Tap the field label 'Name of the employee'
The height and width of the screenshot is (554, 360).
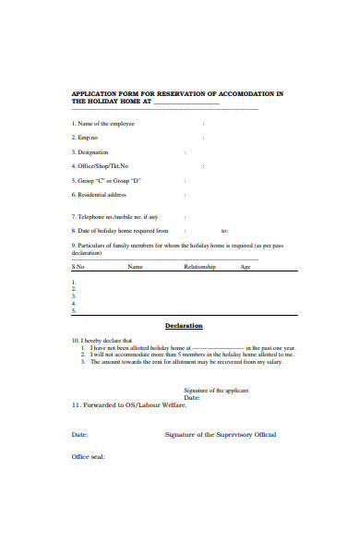105,123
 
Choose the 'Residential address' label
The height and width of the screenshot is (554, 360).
101,195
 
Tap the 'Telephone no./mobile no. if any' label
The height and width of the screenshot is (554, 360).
117,217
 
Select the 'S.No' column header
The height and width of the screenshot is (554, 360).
78,267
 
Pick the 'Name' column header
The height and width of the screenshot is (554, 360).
135,267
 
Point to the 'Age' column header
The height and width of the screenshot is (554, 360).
246,267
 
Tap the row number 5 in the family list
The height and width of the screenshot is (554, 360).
74,310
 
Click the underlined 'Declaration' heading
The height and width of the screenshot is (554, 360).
184,326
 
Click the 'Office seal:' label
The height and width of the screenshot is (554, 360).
89,458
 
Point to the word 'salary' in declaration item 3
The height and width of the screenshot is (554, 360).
274,361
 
